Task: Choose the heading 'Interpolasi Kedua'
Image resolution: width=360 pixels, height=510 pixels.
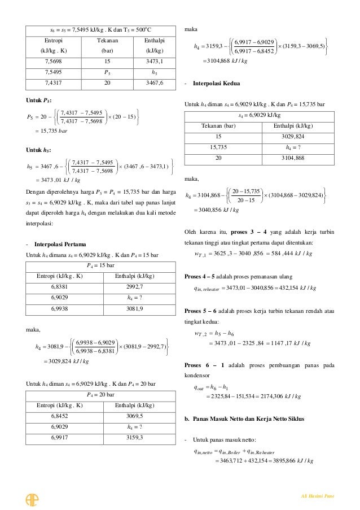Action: (x=216, y=83)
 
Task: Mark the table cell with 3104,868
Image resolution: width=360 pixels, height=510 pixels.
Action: (x=297, y=158)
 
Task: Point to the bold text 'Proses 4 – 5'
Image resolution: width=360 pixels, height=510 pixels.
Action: (x=202, y=277)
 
